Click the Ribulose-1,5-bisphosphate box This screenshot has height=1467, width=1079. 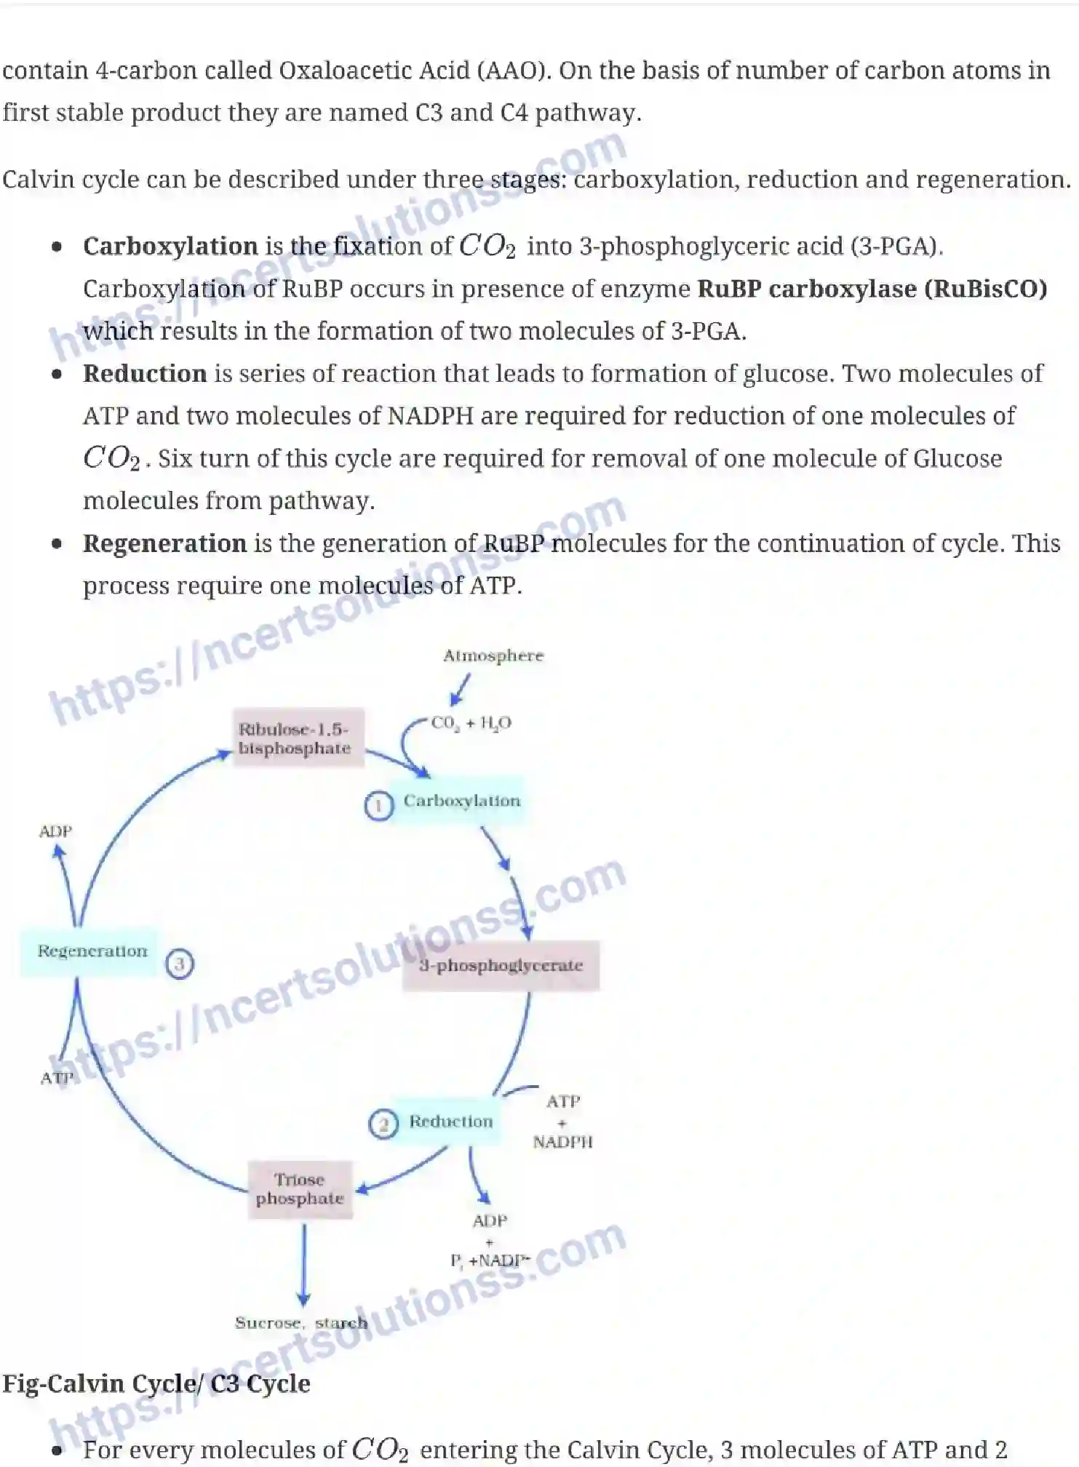point(295,738)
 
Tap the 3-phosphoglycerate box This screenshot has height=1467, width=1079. point(501,965)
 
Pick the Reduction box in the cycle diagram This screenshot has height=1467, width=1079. point(450,1122)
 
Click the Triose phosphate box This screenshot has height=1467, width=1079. point(300,1189)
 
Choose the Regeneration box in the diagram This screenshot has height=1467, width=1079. point(92,951)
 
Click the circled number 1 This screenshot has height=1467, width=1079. point(378,806)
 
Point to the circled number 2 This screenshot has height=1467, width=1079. point(383,1124)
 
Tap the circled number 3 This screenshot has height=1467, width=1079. point(180,964)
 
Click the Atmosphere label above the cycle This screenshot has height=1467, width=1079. point(493,655)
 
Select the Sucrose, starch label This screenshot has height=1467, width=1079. point(300,1323)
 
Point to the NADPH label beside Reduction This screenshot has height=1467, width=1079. point(562,1142)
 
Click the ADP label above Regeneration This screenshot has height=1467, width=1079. point(55,831)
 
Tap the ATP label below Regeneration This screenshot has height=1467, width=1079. point(57,1078)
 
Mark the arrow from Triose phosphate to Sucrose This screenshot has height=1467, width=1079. point(304,1266)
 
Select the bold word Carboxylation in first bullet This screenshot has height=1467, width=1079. point(170,246)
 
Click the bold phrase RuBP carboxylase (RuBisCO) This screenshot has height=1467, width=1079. point(872,289)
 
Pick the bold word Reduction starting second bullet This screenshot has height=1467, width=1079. point(145,373)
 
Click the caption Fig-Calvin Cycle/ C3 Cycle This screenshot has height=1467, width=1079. point(156,1383)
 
